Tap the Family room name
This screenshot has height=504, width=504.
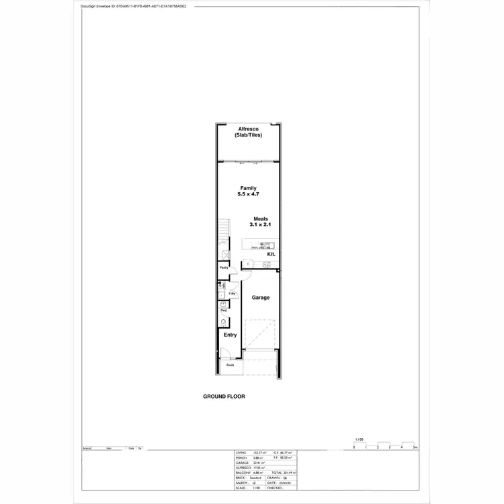coord(248,188)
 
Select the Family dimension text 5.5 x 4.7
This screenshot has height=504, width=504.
coord(248,194)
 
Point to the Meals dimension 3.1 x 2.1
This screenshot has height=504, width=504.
coord(261,224)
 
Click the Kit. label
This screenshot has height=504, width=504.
coord(271,255)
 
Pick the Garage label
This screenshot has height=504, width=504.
coord(261,297)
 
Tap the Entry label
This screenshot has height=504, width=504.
coord(230,335)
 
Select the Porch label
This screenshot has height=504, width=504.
coord(230,365)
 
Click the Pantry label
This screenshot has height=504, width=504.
coord(224,267)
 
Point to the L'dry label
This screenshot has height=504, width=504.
coord(232,294)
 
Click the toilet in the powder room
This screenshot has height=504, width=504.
coord(222,321)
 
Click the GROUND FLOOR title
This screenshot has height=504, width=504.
coord(224,396)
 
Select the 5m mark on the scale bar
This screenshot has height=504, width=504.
coord(415,447)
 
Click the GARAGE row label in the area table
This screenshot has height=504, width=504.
coord(242,463)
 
